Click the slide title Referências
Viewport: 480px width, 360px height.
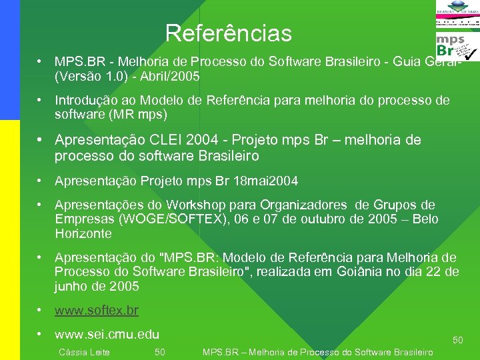[x=228, y=33]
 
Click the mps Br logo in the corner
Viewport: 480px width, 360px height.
[x=457, y=47]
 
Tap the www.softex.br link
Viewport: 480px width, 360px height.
[x=97, y=311]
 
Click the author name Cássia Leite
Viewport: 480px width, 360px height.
[x=85, y=352]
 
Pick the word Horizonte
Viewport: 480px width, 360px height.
[x=83, y=234]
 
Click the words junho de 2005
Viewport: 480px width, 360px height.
[x=97, y=286]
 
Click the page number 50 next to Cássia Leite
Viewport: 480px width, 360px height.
[x=160, y=352]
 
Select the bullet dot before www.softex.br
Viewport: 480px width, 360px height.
[x=41, y=311]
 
